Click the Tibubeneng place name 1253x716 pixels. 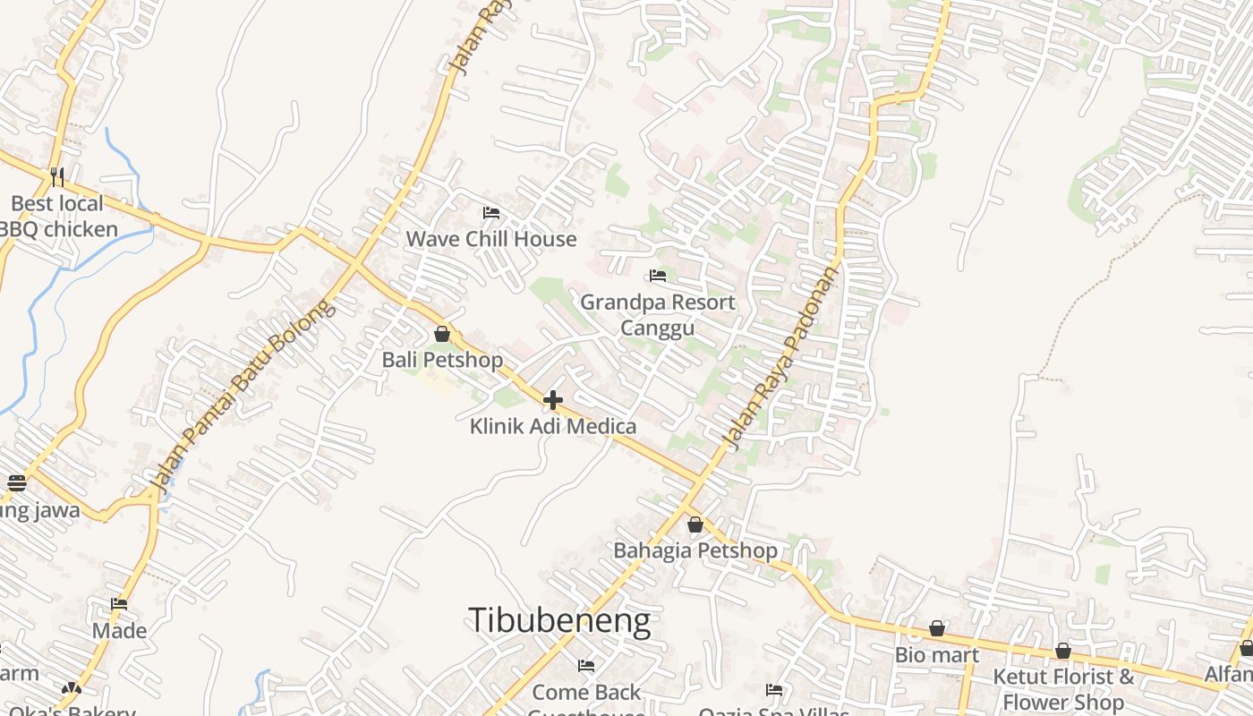pyautogui.click(x=559, y=620)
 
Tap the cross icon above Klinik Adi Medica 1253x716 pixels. pyautogui.click(x=553, y=400)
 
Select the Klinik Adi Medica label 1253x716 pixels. pyautogui.click(x=553, y=426)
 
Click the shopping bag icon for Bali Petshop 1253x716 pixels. pyautogui.click(x=442, y=334)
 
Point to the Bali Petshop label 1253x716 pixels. pyautogui.click(x=442, y=360)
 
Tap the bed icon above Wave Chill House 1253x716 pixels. pyautogui.click(x=491, y=213)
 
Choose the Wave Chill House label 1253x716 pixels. pyautogui.click(x=491, y=239)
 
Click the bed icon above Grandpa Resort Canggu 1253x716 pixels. pyautogui.click(x=658, y=276)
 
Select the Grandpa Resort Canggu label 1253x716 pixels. pyautogui.click(x=658, y=315)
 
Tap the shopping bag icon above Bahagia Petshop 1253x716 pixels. pyautogui.click(x=695, y=524)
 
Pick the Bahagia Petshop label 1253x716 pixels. pyautogui.click(x=695, y=550)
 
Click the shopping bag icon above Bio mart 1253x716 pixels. pyautogui.click(x=936, y=628)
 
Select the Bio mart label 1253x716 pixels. pyautogui.click(x=936, y=654)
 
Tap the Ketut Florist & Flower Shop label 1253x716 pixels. pyautogui.click(x=1063, y=688)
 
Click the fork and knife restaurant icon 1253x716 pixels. pyautogui.click(x=57, y=175)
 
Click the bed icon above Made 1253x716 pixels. pyautogui.click(x=119, y=604)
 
